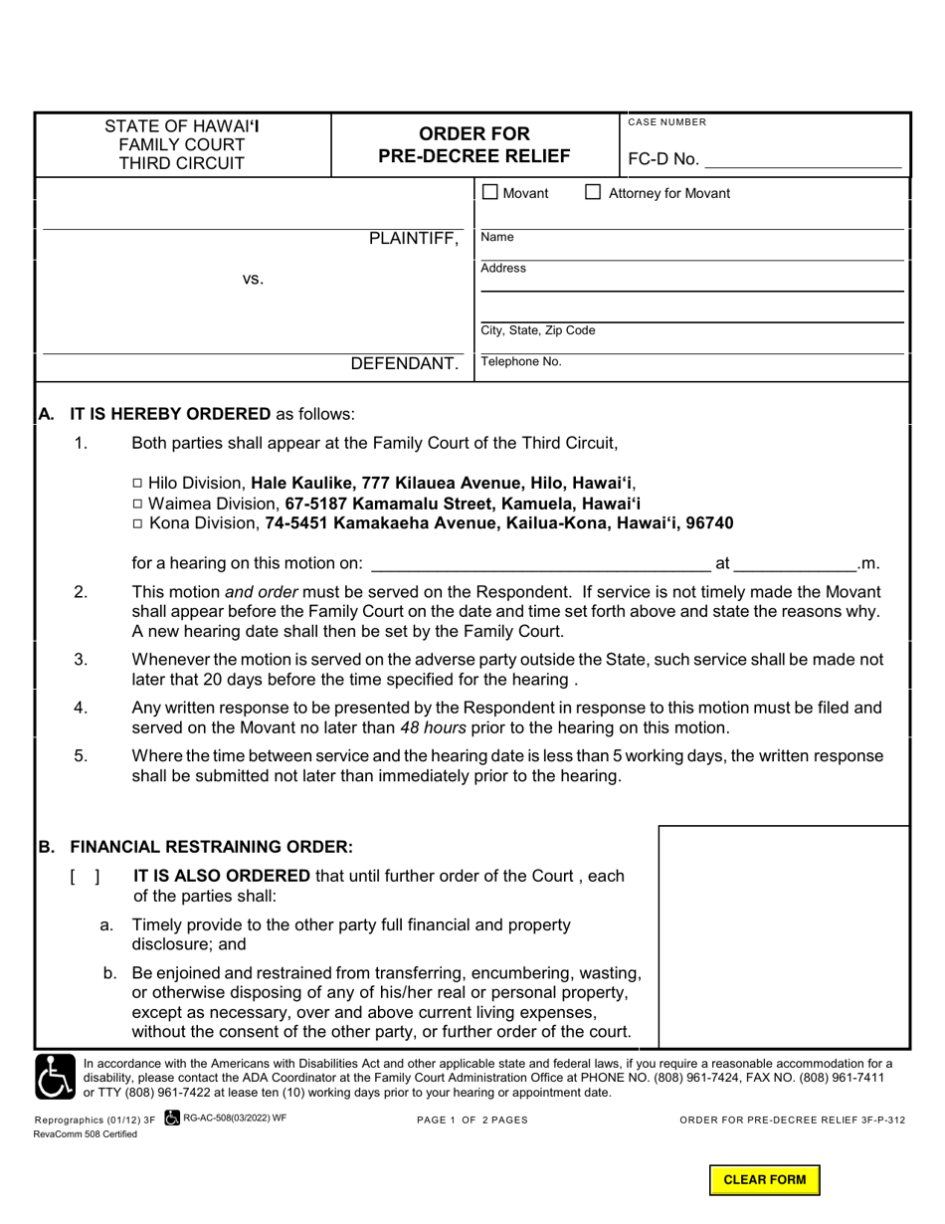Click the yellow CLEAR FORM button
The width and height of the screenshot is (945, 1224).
coord(764,1180)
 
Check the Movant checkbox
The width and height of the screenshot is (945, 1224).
coord(490,192)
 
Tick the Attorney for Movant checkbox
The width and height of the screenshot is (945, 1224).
coord(593,192)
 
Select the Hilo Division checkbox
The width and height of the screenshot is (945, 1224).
coord(137,483)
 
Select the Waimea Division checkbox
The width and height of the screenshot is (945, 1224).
coord(137,503)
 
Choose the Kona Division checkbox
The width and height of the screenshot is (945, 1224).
coord(137,523)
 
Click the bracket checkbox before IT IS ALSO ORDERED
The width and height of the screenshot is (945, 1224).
coord(85,877)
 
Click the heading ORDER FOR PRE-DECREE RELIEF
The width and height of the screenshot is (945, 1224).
coord(474,144)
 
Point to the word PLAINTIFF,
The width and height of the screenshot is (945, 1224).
coord(414,239)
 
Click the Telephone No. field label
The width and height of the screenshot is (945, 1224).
coord(520,362)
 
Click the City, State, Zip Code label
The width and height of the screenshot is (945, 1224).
coord(538,330)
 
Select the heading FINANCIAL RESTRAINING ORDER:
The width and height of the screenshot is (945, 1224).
coord(210,847)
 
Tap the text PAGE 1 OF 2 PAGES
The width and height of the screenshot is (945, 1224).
coord(472,1120)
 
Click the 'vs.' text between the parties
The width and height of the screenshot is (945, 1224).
coord(253,280)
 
